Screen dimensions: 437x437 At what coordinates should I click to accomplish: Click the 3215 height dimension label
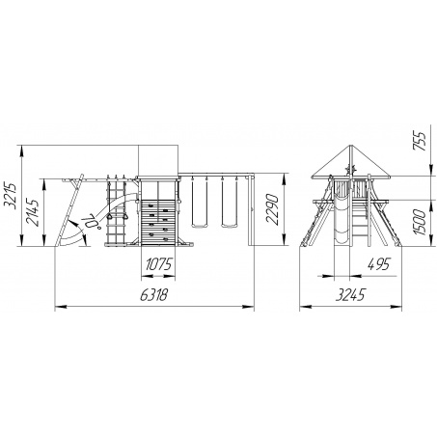tap(10, 196)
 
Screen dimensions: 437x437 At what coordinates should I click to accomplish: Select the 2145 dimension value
tap(33, 212)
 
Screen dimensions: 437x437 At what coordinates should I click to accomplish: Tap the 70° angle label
tap(91, 221)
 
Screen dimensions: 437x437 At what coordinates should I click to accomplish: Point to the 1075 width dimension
tap(159, 264)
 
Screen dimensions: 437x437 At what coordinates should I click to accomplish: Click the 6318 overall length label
tap(153, 294)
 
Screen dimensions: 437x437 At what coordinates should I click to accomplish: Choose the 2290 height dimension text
tap(271, 209)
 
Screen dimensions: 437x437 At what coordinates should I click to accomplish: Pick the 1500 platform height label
tap(420, 222)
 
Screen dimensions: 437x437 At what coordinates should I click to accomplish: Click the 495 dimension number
tap(378, 264)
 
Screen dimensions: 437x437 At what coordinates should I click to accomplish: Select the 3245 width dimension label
tap(350, 294)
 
